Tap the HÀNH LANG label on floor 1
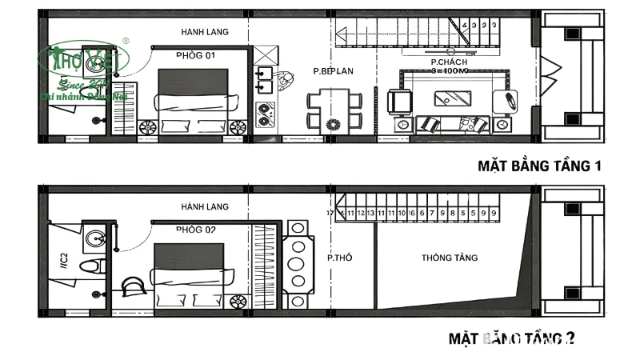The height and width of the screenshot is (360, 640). [205, 32]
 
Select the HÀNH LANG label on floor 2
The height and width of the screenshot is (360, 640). [205, 206]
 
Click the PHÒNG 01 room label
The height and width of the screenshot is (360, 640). [195, 55]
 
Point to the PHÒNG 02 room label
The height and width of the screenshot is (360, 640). [197, 230]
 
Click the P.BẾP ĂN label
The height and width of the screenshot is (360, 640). [333, 71]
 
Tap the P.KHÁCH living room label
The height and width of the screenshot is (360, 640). [450, 62]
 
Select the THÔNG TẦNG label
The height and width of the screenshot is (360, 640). [450, 258]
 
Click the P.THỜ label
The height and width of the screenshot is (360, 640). [340, 258]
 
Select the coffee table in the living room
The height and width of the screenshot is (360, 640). [452, 98]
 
